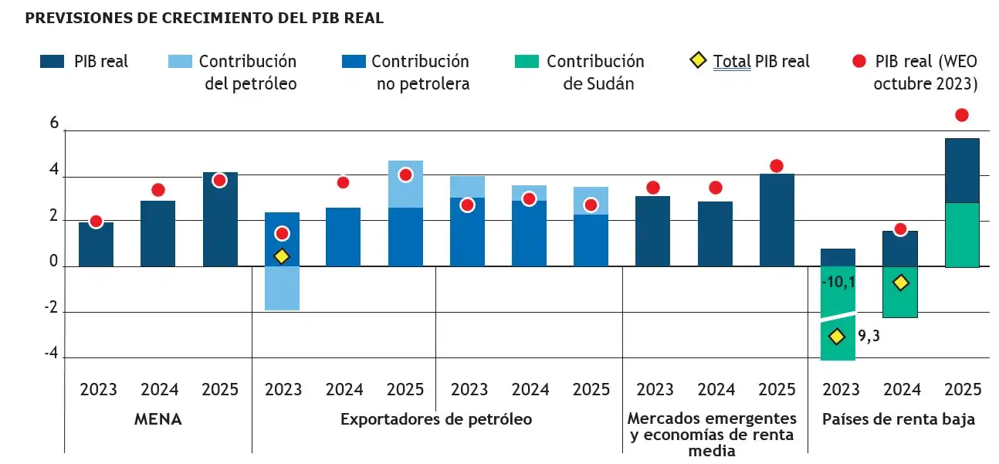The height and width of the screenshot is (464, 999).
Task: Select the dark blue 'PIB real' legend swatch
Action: [x=52, y=62]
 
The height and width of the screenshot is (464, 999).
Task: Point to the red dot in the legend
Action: [x=860, y=62]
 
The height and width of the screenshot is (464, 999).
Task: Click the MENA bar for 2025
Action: [x=220, y=219]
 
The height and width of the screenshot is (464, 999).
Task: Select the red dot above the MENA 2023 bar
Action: [x=96, y=222]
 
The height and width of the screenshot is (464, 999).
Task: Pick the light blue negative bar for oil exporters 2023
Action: [x=282, y=289]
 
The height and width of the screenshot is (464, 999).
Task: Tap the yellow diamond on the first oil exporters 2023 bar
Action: [x=282, y=256]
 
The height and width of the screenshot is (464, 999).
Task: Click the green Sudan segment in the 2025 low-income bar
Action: [x=961, y=235]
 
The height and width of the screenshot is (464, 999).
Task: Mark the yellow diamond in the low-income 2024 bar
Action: [x=899, y=283]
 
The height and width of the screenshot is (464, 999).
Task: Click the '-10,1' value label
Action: [x=838, y=283]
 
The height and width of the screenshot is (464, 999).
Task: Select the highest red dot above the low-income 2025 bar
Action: [x=961, y=115]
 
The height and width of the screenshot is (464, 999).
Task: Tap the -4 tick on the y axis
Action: [x=51, y=354]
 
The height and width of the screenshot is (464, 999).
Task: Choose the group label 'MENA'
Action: [x=157, y=420]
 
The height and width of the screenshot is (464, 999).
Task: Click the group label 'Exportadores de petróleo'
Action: [x=436, y=420]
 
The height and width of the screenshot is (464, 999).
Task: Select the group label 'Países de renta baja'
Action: [x=898, y=420]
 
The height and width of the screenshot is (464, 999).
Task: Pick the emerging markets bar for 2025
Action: [x=776, y=220]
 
